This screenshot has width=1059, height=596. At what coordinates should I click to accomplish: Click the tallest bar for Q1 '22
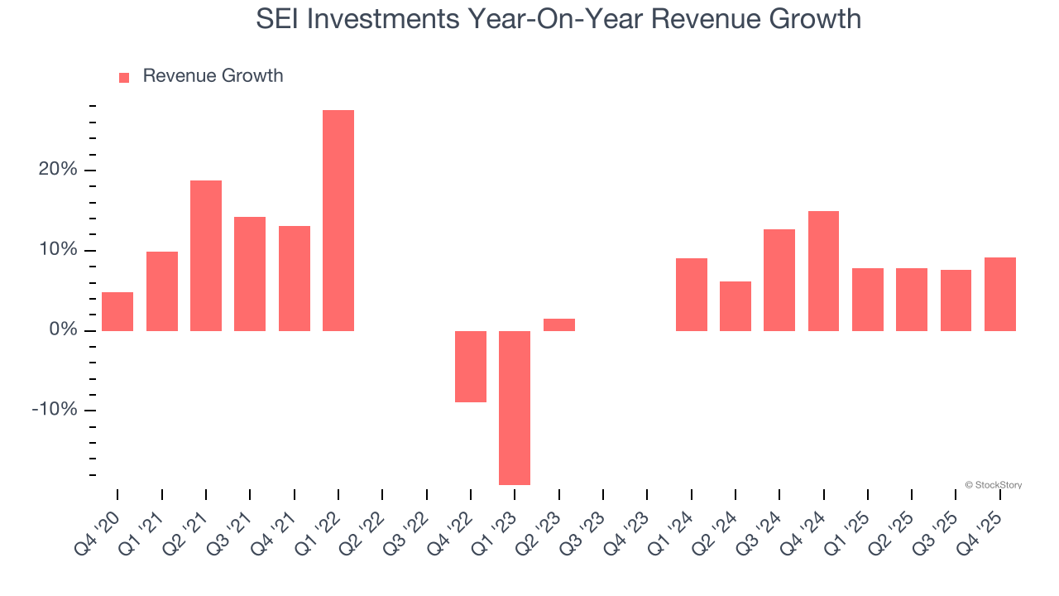pos(338,220)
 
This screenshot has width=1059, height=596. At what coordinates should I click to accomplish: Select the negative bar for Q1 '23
pos(515,407)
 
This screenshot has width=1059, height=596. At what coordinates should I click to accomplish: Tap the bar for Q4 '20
pos(117,311)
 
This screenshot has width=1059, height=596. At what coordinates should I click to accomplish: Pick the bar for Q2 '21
pos(206,256)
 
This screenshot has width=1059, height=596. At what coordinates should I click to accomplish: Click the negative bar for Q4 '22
pos(471,367)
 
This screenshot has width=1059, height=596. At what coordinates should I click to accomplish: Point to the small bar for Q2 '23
pos(559,324)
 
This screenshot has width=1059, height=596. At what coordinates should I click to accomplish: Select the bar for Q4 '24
pos(823,271)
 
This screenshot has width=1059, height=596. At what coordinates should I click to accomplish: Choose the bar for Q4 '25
pos(999,294)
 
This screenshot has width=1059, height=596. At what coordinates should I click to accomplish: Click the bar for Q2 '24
pos(736,306)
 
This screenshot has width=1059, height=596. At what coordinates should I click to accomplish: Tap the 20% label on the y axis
pos(58,171)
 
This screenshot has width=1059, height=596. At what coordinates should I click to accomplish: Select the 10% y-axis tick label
pos(58,251)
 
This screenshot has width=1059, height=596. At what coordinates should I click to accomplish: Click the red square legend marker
pos(124,78)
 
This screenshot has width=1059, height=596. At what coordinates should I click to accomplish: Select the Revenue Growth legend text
pos(213,76)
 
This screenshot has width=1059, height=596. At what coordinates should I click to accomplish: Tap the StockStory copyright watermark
pos(993,485)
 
